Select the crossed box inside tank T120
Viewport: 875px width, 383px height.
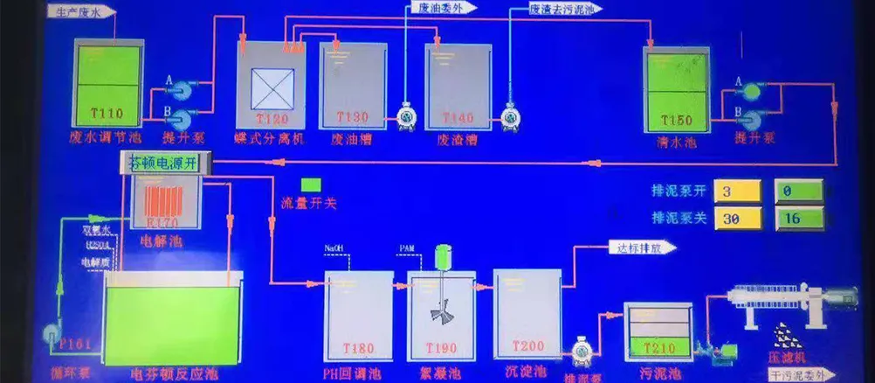pos(271,88)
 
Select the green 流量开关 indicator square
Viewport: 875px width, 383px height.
pos(311,186)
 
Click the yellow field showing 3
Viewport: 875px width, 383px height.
pos(738,191)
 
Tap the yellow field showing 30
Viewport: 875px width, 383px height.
pos(738,219)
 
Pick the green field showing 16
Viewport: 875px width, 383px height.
pos(798,219)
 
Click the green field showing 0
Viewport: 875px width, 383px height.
pos(798,191)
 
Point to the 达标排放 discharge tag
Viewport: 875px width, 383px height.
pos(642,247)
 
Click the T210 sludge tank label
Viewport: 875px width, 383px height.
pos(658,348)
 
